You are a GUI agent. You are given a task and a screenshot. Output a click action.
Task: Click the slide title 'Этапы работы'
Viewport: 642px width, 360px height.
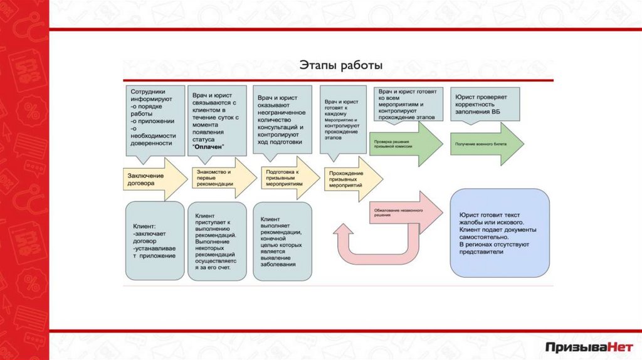[340, 65]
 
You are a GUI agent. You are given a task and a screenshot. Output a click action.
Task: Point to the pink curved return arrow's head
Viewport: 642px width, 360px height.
[344, 230]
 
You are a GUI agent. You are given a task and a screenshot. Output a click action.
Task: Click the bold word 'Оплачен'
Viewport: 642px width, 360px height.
[208, 146]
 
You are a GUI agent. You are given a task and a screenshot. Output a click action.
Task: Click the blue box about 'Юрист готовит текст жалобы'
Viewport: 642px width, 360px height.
[499, 233]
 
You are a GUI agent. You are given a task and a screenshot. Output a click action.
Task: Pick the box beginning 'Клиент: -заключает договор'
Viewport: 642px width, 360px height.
[155, 241]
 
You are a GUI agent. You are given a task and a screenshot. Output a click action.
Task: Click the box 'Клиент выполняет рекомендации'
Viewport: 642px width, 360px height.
[282, 241]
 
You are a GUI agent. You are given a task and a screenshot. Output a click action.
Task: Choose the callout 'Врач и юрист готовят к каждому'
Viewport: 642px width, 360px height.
[342, 119]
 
